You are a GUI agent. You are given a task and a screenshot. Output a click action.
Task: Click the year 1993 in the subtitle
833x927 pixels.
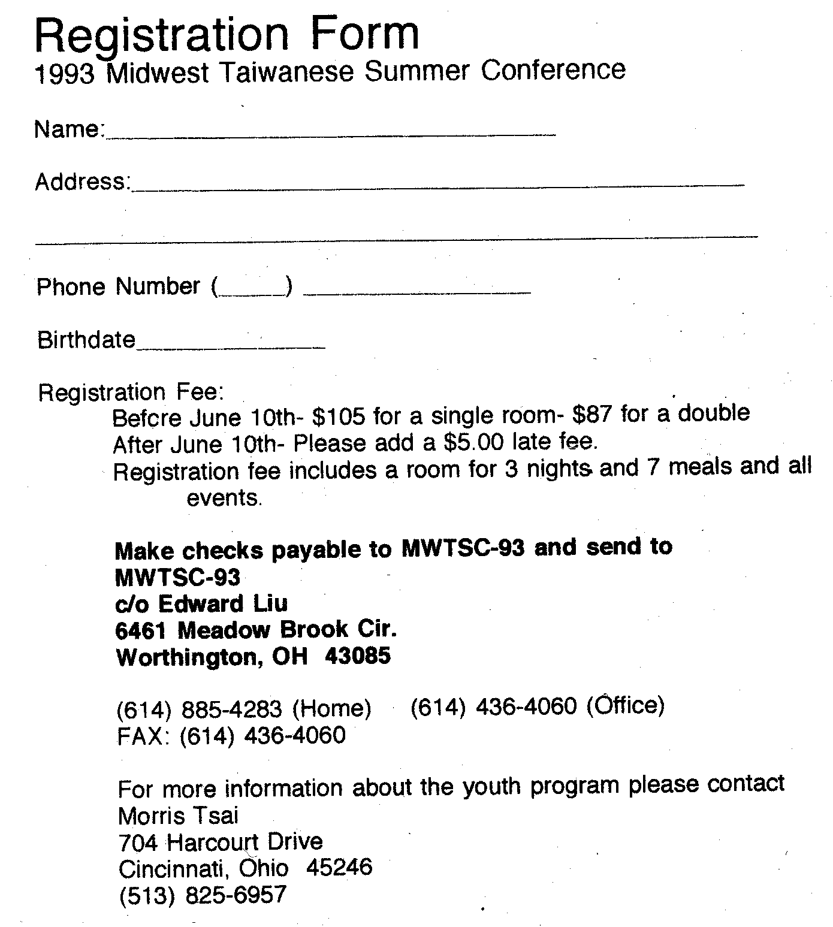(65, 74)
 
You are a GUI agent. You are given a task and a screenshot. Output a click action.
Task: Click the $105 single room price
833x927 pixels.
(340, 415)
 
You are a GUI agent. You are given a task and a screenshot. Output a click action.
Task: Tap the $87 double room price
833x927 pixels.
(591, 414)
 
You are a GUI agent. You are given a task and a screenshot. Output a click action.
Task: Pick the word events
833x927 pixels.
(224, 498)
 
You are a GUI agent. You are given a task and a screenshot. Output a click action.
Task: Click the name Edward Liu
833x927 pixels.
(222, 603)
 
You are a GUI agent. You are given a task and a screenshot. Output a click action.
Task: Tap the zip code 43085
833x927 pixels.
(358, 655)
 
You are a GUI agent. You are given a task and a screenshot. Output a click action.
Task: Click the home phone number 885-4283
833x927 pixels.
(231, 709)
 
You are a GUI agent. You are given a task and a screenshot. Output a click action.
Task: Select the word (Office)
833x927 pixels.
(626, 705)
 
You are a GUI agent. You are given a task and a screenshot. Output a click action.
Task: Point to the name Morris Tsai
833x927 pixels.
(179, 815)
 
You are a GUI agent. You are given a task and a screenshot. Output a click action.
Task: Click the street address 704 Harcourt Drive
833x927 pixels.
(221, 842)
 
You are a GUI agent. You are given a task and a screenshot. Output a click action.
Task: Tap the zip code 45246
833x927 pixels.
(339, 867)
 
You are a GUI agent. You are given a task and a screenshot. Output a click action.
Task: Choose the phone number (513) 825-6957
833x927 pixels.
(203, 895)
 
